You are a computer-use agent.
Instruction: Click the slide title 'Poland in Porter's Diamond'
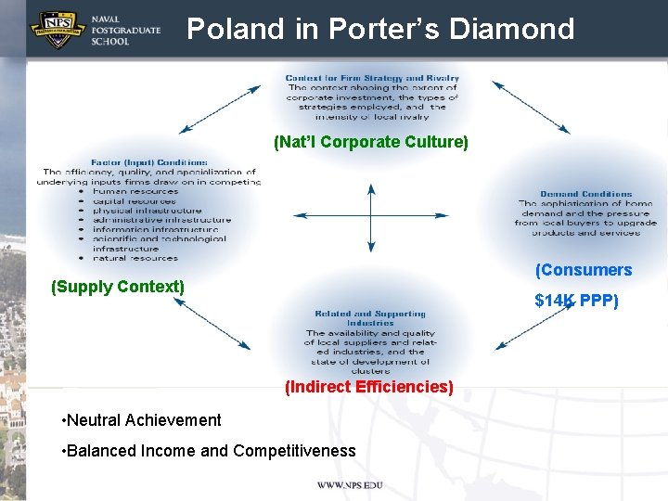pyautogui.click(x=380, y=30)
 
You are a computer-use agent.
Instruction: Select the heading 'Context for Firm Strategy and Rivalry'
pyautogui.click(x=372, y=78)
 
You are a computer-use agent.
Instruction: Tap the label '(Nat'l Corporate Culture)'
pyautogui.click(x=371, y=142)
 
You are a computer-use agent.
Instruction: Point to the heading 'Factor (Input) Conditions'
pyautogui.click(x=148, y=162)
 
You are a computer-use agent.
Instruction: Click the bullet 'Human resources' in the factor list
pyautogui.click(x=135, y=191)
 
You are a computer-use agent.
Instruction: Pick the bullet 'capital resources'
pyautogui.click(x=134, y=201)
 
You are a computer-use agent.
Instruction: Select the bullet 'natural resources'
pyautogui.click(x=135, y=258)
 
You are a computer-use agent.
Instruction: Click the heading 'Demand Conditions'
pyautogui.click(x=586, y=194)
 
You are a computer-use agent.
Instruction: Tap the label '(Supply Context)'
pyautogui.click(x=118, y=287)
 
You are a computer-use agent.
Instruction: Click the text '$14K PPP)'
pyautogui.click(x=576, y=301)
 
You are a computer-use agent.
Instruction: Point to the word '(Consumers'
pyautogui.click(x=584, y=270)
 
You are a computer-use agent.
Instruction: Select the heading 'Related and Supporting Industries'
pyautogui.click(x=370, y=318)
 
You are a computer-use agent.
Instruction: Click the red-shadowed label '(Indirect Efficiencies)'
pyautogui.click(x=369, y=387)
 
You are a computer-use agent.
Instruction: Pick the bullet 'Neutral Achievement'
pyautogui.click(x=141, y=420)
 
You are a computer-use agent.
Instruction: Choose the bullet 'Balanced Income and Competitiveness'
pyautogui.click(x=208, y=451)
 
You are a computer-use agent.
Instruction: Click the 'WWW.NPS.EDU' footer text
pyautogui.click(x=350, y=485)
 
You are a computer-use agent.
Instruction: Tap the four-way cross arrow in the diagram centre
pyautogui.click(x=371, y=218)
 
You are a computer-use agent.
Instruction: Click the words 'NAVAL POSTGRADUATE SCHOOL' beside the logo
pyautogui.click(x=125, y=31)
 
